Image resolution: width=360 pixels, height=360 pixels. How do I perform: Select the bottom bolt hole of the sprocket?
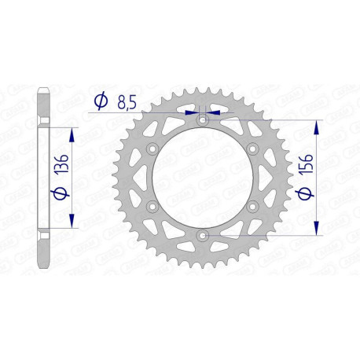pyautogui.click(x=202, y=235)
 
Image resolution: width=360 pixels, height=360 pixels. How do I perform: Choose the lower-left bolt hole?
pyautogui.click(x=152, y=207)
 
